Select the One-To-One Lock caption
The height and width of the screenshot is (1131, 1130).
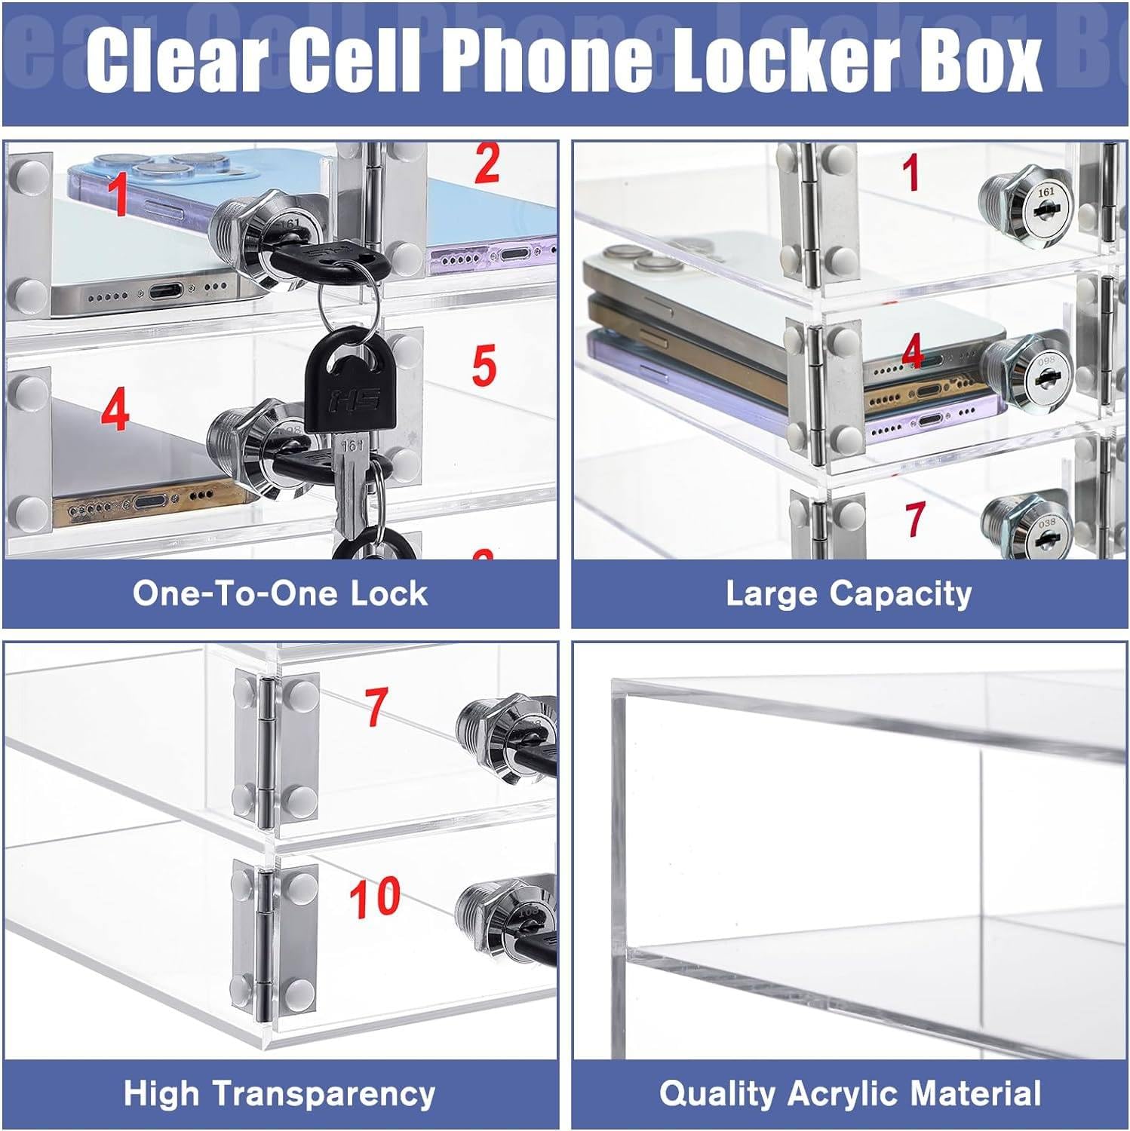[x=280, y=593]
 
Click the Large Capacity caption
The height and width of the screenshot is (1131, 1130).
[x=849, y=593]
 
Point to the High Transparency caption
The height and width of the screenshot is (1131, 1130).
[x=280, y=1093]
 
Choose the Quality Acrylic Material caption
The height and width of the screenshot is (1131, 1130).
[x=850, y=1093]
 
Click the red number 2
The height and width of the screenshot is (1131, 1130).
[x=487, y=164]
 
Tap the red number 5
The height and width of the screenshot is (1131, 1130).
[x=484, y=366]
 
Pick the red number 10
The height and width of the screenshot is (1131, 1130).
[x=375, y=897]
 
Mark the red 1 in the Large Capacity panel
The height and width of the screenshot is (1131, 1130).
[x=911, y=172]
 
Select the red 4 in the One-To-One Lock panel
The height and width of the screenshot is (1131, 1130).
[x=115, y=411]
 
